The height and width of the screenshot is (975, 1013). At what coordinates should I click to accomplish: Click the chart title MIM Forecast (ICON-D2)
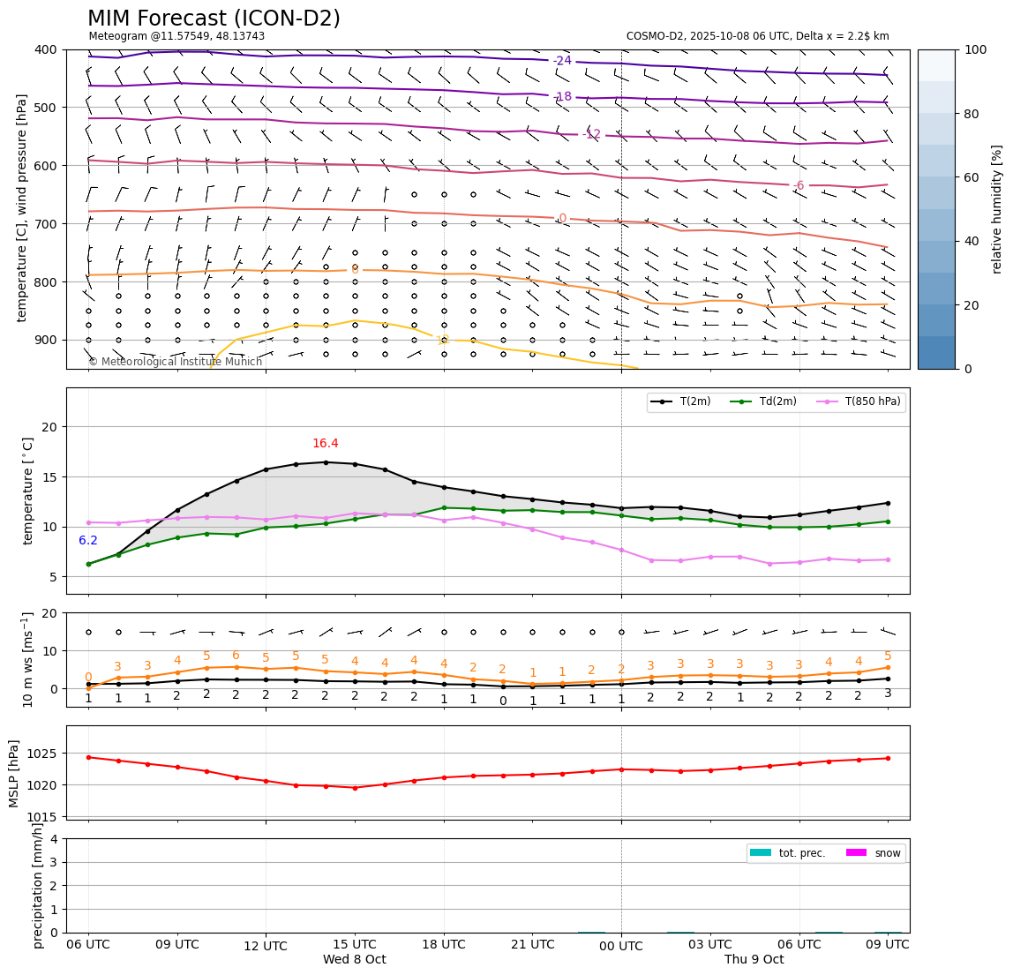tap(214, 19)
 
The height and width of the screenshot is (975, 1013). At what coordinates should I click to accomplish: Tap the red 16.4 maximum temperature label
tap(325, 444)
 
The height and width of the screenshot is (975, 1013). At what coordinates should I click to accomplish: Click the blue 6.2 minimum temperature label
tap(88, 541)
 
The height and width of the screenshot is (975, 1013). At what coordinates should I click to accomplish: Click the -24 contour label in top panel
tap(562, 61)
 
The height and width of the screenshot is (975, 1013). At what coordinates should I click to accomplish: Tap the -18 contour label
tap(562, 97)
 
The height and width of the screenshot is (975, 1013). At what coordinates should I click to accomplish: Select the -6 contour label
tap(798, 185)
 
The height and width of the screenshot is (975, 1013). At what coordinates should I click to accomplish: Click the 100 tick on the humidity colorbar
tap(975, 49)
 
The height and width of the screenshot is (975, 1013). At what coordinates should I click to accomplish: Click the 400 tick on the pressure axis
tap(44, 49)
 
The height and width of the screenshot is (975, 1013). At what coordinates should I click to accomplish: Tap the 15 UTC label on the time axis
tap(355, 944)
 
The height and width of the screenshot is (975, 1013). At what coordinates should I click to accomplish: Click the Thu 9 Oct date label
tap(754, 959)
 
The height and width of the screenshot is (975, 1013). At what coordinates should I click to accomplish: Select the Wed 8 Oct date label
tap(354, 959)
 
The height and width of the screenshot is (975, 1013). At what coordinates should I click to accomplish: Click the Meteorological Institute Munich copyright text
tap(175, 362)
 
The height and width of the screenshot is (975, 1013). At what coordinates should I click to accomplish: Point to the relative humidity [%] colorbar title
tap(997, 209)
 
